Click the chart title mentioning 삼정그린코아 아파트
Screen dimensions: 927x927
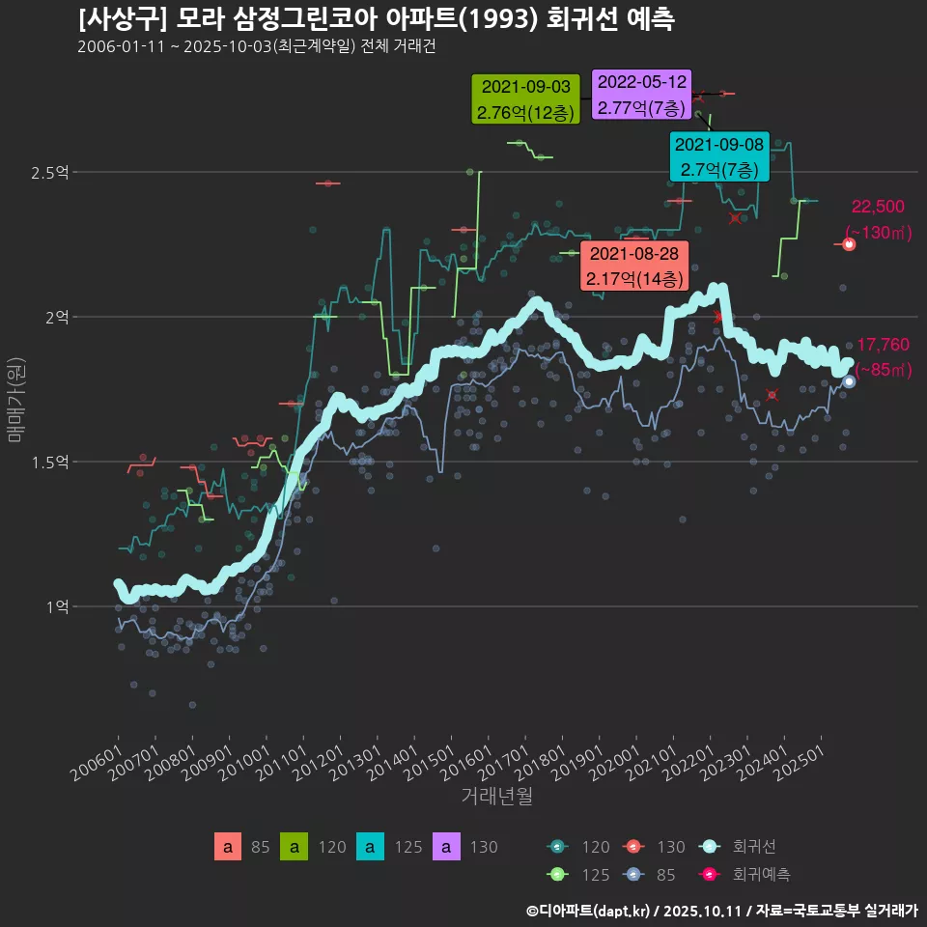click(377, 19)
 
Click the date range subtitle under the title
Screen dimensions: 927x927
click(257, 47)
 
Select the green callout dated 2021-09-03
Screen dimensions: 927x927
click(525, 99)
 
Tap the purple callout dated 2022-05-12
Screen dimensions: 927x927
click(640, 95)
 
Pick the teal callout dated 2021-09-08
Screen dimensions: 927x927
click(718, 156)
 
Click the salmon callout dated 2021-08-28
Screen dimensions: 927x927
click(633, 267)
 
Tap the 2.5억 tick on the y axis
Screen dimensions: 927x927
click(49, 173)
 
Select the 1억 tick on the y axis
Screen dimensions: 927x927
click(56, 606)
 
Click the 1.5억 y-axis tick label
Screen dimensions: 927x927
click(49, 462)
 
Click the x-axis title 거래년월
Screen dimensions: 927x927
click(496, 796)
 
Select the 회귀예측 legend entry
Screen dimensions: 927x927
click(761, 874)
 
